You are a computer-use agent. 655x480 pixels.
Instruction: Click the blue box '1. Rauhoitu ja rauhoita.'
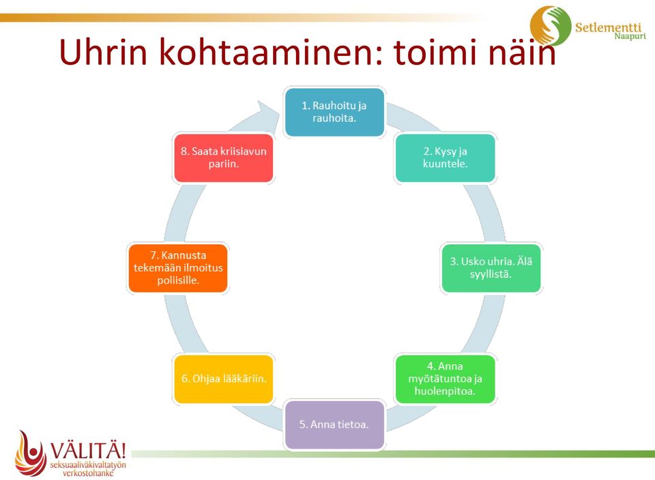coord(334,112)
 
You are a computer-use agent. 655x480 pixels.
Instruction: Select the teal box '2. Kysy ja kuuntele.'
coord(445,157)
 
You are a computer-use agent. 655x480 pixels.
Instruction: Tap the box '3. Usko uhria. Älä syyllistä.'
coord(491,268)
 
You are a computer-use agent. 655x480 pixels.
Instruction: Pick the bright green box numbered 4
coord(445,379)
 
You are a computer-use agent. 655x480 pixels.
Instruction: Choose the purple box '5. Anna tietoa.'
coord(334,425)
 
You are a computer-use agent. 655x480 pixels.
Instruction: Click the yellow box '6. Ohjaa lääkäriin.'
coord(224,379)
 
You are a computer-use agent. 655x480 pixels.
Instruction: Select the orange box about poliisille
coord(178,268)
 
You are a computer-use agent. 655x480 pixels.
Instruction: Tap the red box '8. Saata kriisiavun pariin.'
coord(224,157)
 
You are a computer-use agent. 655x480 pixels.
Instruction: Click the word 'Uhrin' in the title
coord(104,52)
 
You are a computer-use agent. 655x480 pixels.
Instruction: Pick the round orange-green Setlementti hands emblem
coord(550,25)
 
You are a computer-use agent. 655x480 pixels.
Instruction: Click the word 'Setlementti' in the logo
coord(608,27)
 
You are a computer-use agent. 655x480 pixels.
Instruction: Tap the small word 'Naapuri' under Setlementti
coord(630,36)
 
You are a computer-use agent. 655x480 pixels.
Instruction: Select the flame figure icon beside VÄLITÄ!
coord(30,453)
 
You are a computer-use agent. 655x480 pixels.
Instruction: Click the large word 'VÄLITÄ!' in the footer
coord(88,451)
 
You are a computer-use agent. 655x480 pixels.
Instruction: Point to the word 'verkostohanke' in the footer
coord(88,473)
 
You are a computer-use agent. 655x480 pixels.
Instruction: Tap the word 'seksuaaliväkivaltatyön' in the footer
coord(88,465)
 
